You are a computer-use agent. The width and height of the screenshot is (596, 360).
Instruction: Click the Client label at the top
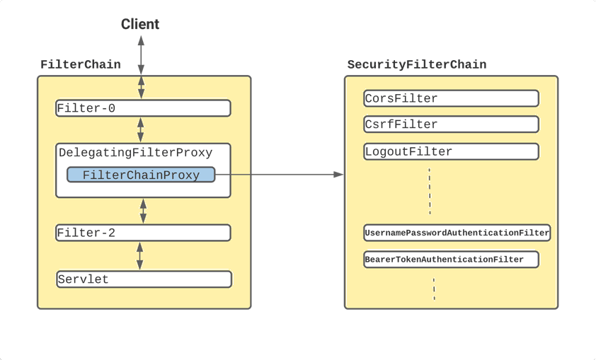click(x=140, y=24)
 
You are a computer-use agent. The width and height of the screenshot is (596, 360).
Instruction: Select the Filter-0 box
click(x=143, y=108)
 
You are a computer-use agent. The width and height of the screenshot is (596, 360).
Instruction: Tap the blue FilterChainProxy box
click(x=141, y=175)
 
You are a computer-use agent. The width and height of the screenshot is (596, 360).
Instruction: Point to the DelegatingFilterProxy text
click(x=135, y=153)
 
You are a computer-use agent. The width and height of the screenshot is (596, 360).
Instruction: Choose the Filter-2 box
click(x=143, y=233)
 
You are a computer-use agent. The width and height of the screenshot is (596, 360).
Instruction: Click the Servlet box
click(x=144, y=279)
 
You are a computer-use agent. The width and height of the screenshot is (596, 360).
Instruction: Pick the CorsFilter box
click(x=451, y=98)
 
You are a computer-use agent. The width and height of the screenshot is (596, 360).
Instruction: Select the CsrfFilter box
click(x=451, y=124)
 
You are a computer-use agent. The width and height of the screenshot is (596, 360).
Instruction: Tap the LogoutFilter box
click(x=451, y=151)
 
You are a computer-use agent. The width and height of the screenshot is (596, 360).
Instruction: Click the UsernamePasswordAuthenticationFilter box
click(x=457, y=233)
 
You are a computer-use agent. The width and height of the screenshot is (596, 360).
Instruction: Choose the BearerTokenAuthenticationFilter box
click(x=451, y=260)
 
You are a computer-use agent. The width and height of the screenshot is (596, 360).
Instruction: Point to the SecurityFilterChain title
click(x=417, y=64)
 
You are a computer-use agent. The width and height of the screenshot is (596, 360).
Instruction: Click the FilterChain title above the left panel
click(x=81, y=64)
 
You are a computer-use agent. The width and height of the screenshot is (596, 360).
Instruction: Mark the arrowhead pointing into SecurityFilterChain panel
click(x=338, y=175)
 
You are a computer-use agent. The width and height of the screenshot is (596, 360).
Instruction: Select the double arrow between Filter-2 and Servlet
click(x=140, y=256)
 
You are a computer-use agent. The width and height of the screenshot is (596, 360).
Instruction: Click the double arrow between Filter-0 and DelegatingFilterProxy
click(x=141, y=130)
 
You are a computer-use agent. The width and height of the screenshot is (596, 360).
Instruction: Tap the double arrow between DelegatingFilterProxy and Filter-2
click(x=143, y=211)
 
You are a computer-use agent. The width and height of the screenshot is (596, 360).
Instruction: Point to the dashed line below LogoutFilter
click(x=430, y=192)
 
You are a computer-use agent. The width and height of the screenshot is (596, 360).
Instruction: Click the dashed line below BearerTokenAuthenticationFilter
click(x=434, y=289)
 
